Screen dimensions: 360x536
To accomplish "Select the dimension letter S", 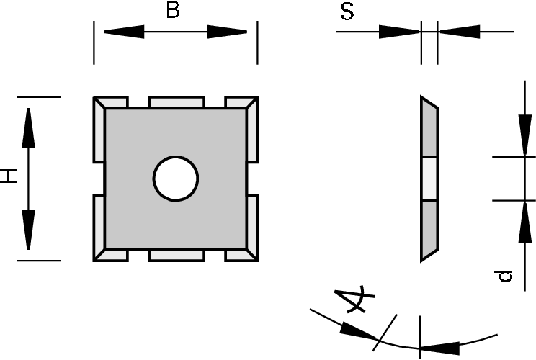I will pyautogui.click(x=347, y=12).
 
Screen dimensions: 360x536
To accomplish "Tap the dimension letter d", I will pyautogui.click(x=506, y=275).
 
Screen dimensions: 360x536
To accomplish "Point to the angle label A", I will pyautogui.click(x=357, y=299).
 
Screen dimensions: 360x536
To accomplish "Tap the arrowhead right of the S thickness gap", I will pyautogui.click(x=458, y=32).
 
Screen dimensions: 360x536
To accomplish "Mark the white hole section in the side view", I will pyautogui.click(x=429, y=178).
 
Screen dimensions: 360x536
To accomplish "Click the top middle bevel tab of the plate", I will pyautogui.click(x=177, y=102).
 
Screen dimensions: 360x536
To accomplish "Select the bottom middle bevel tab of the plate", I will pyautogui.click(x=177, y=255).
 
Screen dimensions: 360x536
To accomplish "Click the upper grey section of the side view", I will pyautogui.click(x=429, y=130).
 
